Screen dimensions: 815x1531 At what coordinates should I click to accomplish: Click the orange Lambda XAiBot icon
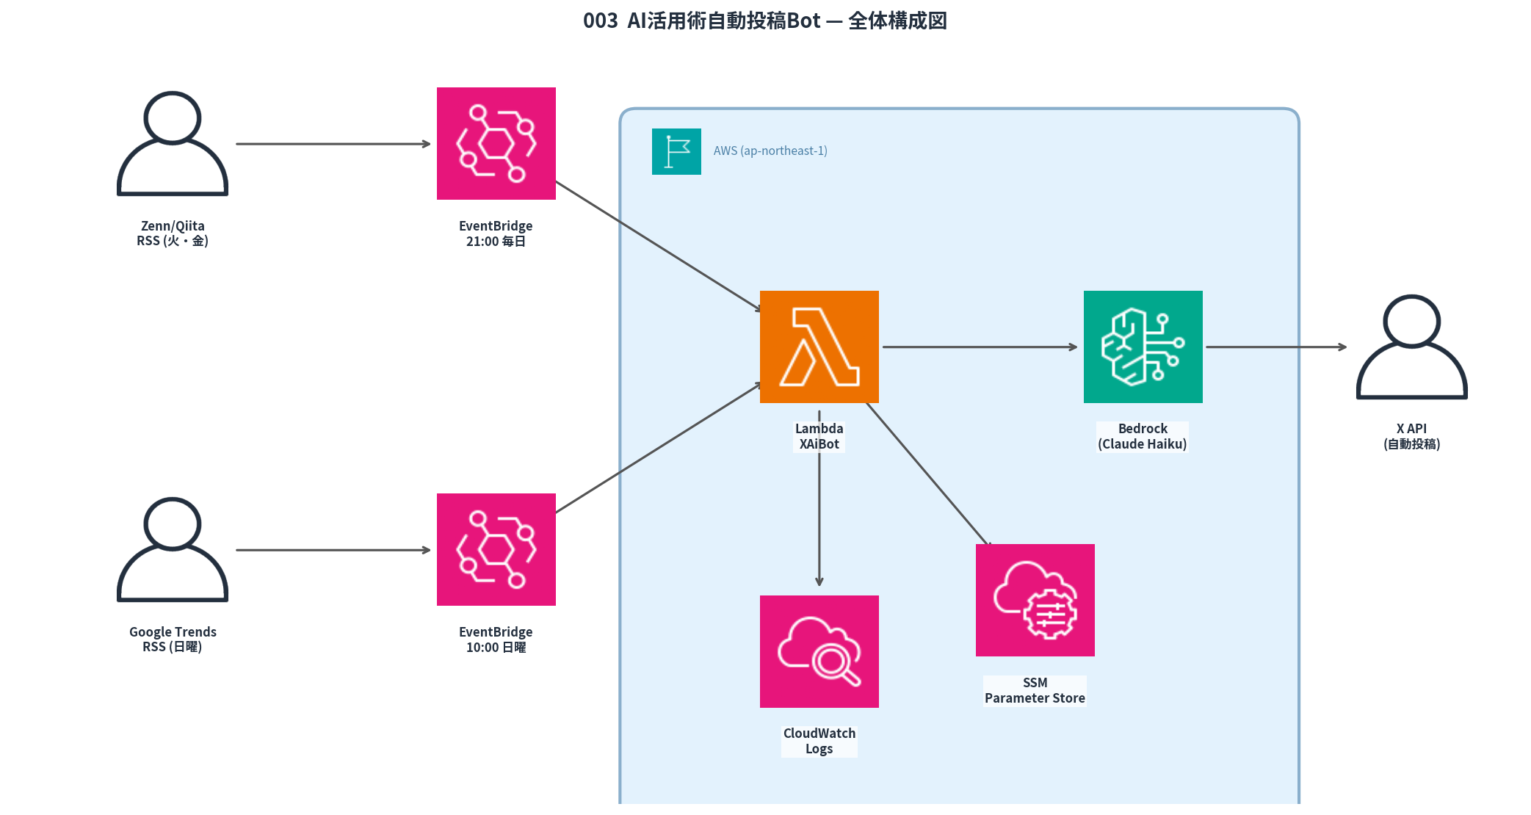click(x=819, y=347)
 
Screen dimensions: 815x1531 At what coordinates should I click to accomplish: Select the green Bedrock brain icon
click(x=1143, y=347)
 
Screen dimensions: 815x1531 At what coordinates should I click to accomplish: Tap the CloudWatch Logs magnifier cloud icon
click(x=819, y=651)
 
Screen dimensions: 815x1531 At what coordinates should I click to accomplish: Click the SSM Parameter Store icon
click(x=1035, y=600)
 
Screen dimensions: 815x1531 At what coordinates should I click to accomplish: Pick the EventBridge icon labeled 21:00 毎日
click(x=496, y=143)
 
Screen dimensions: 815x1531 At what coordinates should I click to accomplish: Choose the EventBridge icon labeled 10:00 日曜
click(x=496, y=549)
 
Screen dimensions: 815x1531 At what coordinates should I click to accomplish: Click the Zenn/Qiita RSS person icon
click(x=173, y=144)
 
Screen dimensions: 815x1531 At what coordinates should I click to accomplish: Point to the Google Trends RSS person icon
click(x=173, y=550)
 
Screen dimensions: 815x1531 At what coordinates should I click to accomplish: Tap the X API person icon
click(x=1411, y=347)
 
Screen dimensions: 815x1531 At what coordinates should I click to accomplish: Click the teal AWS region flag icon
click(x=676, y=151)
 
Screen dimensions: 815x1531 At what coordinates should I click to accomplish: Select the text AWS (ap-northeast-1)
click(x=770, y=151)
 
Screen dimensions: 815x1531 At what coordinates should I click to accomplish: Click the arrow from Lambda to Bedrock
click(x=980, y=347)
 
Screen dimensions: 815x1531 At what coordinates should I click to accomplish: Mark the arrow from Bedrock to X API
click(x=1276, y=347)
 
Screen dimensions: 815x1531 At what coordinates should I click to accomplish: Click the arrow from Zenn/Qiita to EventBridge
click(x=333, y=144)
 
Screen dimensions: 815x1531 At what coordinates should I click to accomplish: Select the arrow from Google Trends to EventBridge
click(x=333, y=550)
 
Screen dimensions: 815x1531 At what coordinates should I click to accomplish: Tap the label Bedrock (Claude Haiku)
click(x=1143, y=436)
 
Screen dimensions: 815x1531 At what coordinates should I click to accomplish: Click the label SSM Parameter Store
click(x=1035, y=690)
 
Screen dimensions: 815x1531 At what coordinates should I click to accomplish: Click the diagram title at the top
click(x=764, y=21)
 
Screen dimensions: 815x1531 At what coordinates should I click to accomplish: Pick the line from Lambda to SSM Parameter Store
click(x=929, y=474)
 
